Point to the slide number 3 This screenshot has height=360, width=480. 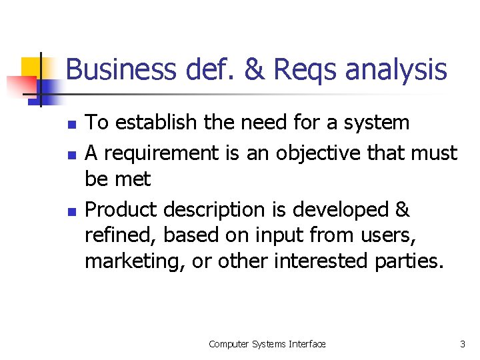point(463,344)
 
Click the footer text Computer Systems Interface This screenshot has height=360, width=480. point(267,344)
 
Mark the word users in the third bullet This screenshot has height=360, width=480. point(407,235)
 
